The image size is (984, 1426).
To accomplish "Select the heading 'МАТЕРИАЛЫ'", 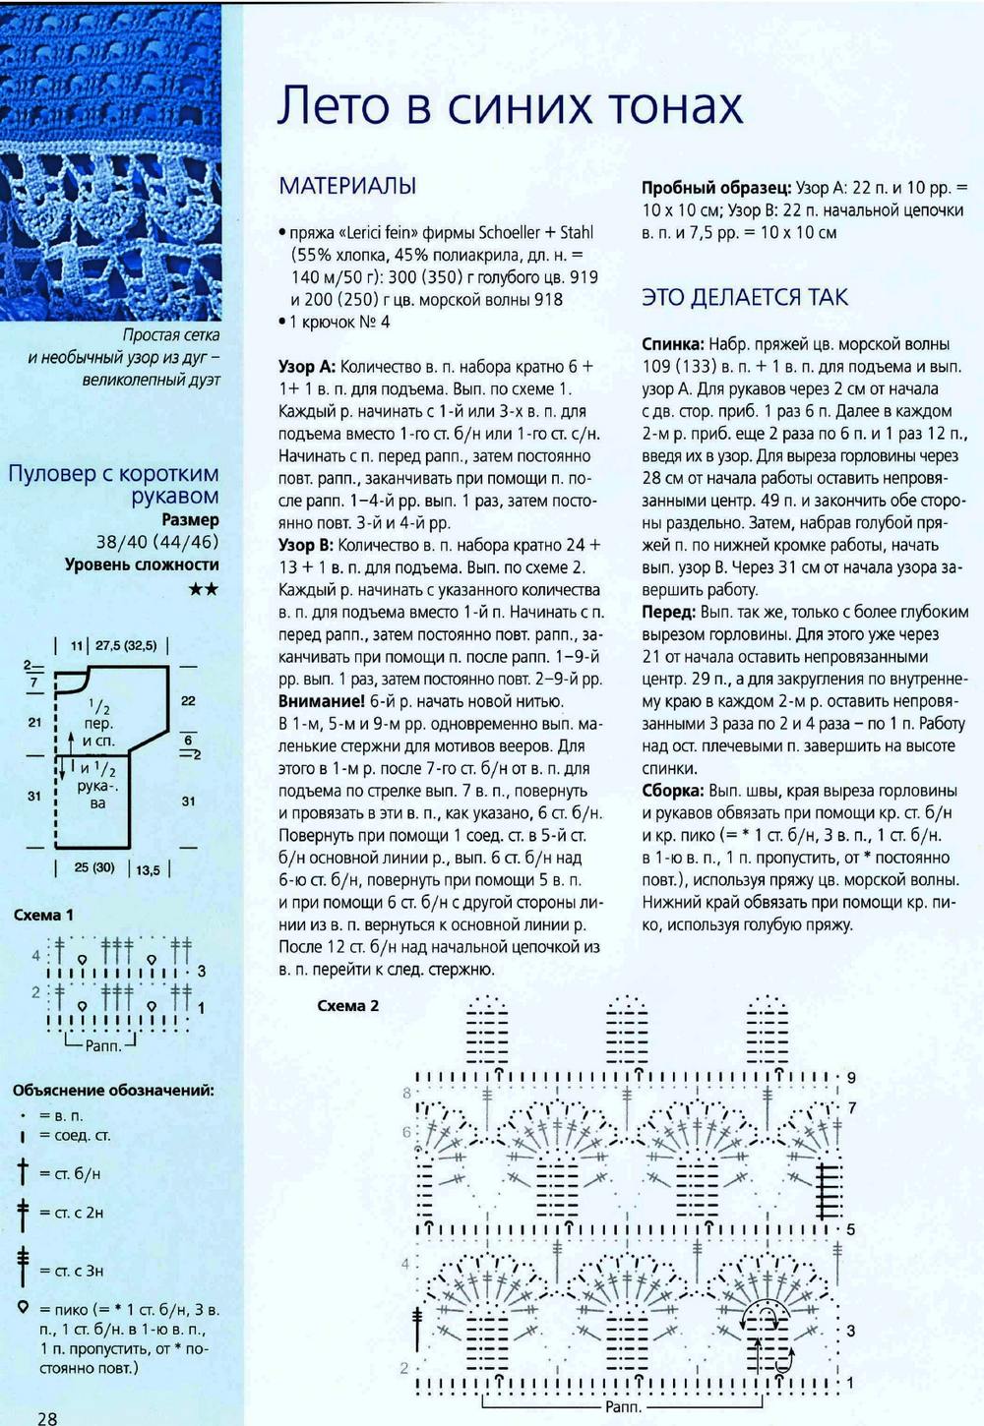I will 347,186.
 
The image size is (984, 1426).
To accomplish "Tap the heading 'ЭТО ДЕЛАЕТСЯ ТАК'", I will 744,297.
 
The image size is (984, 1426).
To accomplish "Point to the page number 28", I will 47,1417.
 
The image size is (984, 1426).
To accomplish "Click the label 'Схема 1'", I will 43,915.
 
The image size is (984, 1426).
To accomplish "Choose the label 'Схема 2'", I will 347,1005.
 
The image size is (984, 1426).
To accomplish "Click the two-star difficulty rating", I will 203,589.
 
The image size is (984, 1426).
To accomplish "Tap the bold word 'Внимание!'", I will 322,701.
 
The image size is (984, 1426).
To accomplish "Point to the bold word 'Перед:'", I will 670,612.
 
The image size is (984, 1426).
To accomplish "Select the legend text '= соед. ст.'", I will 75,1136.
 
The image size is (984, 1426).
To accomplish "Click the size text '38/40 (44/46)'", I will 157,542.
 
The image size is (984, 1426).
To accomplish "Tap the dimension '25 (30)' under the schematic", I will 93,867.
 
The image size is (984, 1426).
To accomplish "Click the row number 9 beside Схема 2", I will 851,1077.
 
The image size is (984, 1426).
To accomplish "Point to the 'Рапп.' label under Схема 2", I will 623,1407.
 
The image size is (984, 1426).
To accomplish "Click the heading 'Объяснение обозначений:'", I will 113,1090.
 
